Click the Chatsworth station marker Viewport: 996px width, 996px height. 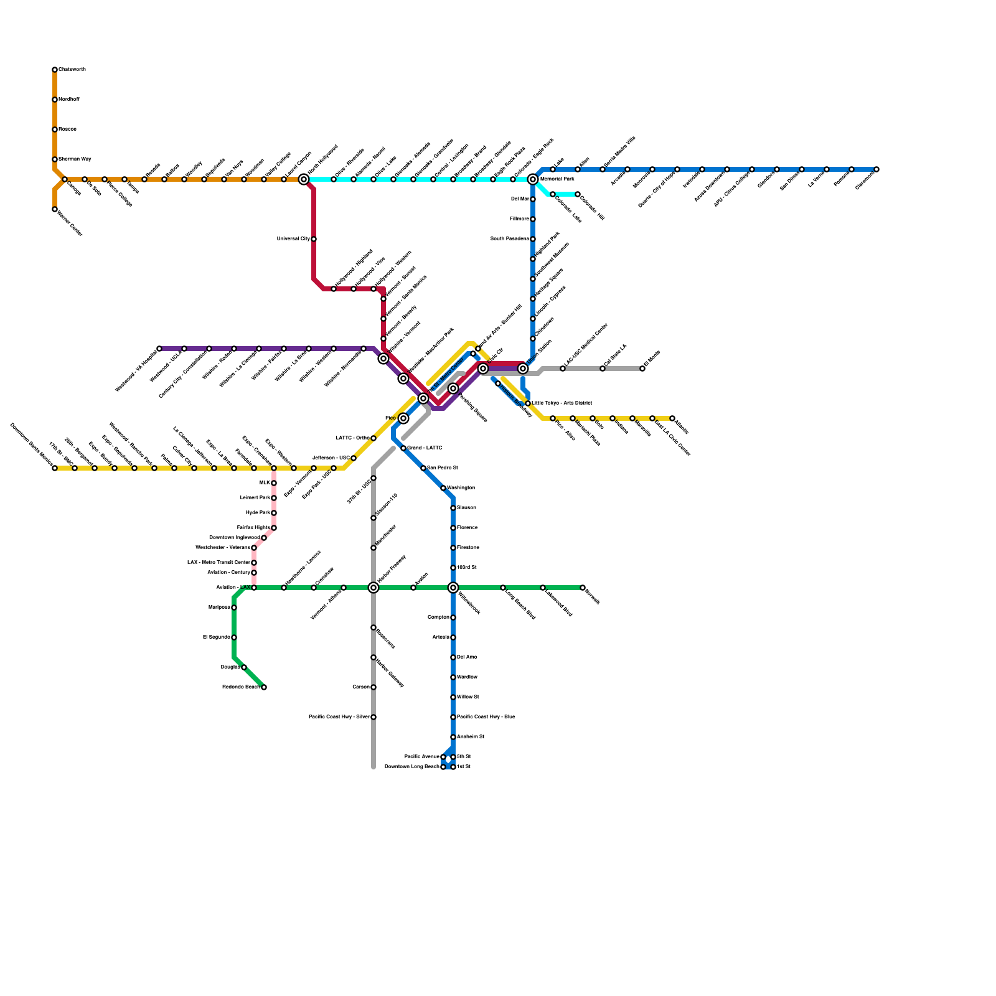point(55,70)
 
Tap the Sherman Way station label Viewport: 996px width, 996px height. point(75,159)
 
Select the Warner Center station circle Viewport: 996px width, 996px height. point(55,209)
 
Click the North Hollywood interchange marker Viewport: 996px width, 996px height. point(304,179)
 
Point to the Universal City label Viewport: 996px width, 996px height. point(293,239)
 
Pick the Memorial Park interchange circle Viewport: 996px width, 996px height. point(533,179)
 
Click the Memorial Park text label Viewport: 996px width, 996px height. point(557,179)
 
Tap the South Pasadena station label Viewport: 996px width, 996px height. point(509,239)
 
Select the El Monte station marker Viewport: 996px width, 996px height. point(642,369)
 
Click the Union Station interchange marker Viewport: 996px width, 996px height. point(523,369)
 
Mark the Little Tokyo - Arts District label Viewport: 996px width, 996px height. point(562,403)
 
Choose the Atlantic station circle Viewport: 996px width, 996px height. point(672,418)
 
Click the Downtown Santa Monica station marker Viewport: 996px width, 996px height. point(55,468)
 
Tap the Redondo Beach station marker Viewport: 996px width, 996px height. point(264,687)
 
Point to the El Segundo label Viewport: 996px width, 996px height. point(217,637)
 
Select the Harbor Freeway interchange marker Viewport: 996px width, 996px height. point(374,588)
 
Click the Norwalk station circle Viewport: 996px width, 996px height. point(583,588)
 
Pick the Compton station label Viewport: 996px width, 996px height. point(438,618)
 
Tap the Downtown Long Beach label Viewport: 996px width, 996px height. point(411,767)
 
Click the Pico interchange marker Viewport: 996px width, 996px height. point(403,418)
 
